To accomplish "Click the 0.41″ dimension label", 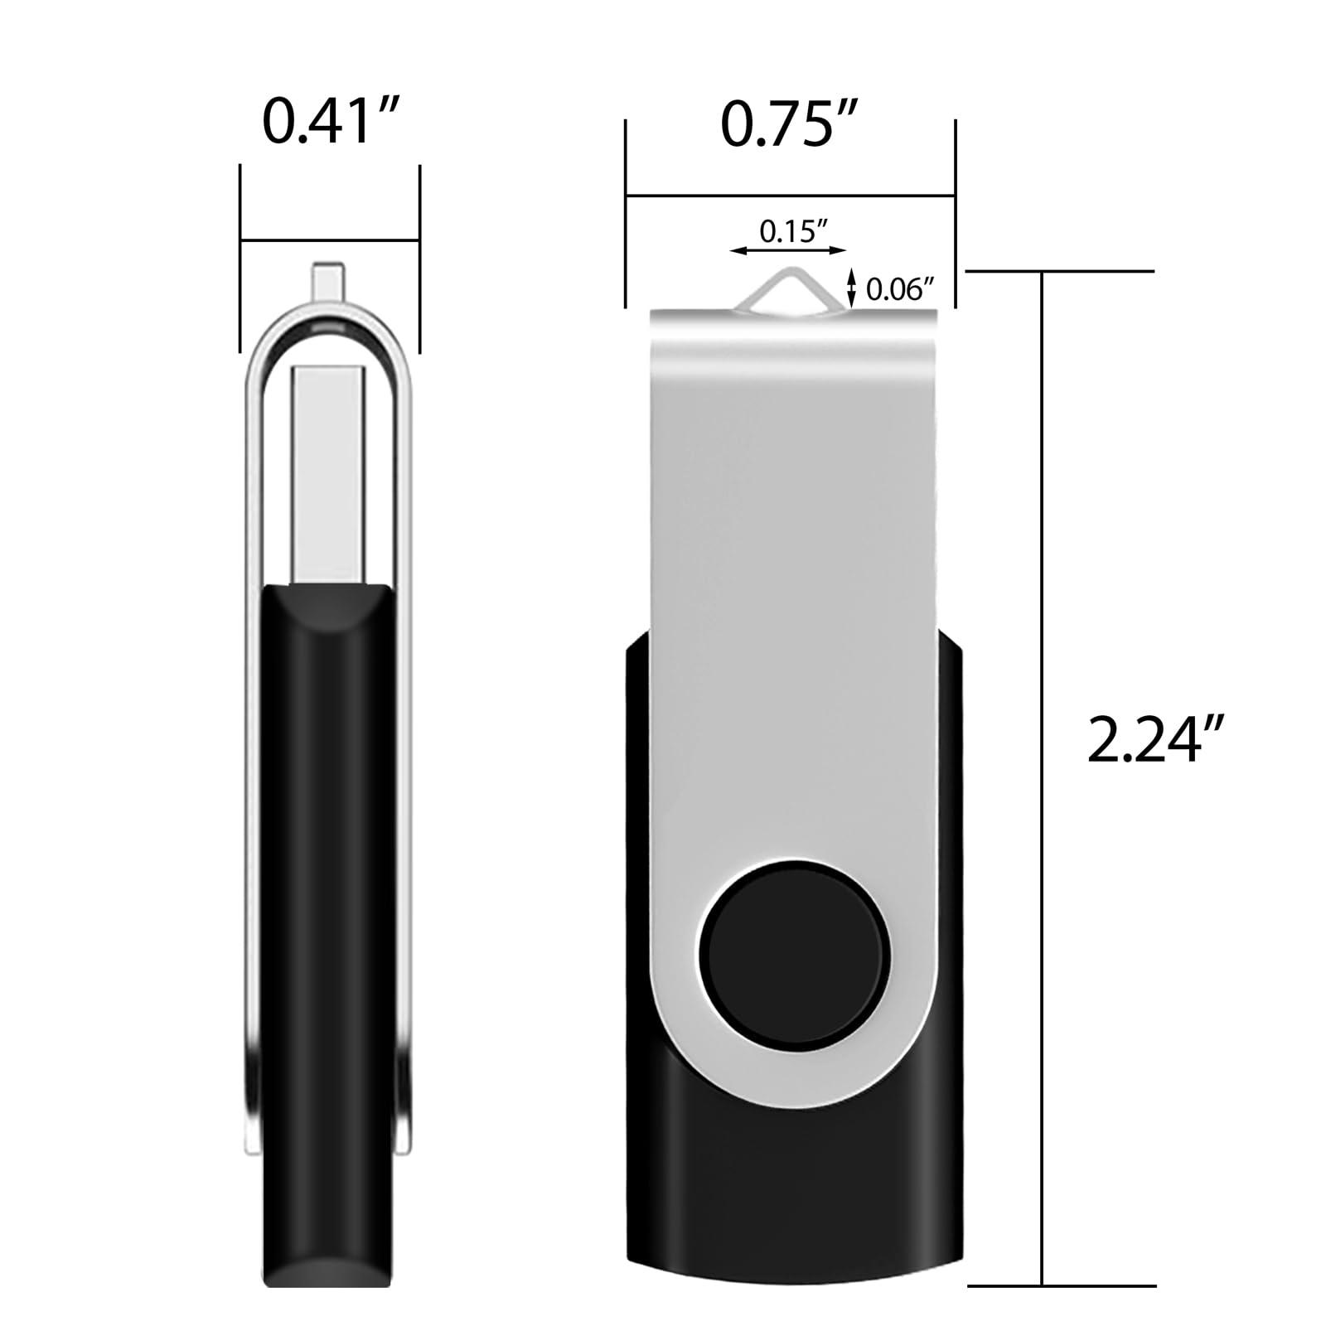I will click(x=331, y=122).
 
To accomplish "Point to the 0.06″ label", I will click(x=900, y=290).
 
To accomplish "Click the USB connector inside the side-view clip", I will click(x=327, y=472).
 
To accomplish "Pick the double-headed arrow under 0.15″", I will click(x=788, y=249).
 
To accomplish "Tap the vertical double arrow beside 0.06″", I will click(x=850, y=288).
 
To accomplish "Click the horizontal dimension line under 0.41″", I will click(x=330, y=241).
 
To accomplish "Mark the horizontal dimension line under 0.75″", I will click(x=791, y=196).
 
